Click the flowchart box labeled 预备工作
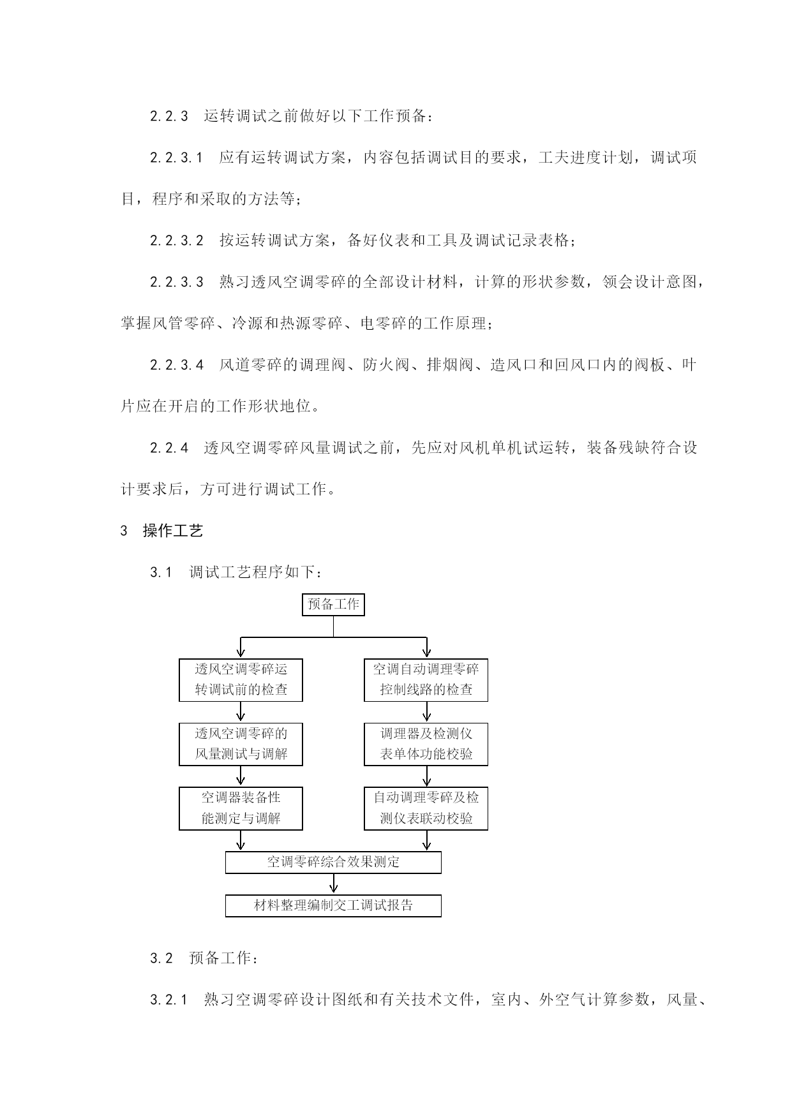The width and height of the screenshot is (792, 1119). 333,604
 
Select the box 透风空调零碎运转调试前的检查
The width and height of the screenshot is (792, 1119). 241,680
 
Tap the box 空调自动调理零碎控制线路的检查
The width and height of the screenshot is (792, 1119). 426,680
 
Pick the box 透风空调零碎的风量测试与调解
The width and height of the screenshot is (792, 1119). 241,744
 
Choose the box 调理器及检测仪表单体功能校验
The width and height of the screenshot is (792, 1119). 426,744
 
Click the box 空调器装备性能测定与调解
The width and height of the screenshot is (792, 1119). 241,808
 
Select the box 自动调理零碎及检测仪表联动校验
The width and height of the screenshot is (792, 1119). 426,808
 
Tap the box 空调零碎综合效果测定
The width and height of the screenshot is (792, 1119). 333,863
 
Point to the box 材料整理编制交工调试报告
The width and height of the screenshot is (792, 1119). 333,906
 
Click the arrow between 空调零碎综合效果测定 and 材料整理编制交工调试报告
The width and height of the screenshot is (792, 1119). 333,884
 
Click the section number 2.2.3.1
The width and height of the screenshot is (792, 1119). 176,158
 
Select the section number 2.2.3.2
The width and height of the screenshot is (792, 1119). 176,241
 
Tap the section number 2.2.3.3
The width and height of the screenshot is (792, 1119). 176,282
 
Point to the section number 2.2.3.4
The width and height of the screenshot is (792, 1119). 176,365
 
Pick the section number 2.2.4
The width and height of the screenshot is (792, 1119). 169,448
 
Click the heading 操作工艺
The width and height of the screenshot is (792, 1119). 173,531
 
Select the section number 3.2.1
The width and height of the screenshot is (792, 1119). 169,1000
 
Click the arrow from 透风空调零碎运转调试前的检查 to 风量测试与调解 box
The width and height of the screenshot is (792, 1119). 241,712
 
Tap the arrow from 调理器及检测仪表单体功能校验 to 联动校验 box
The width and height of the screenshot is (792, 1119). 426,776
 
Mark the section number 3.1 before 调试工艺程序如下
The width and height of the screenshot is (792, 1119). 161,572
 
